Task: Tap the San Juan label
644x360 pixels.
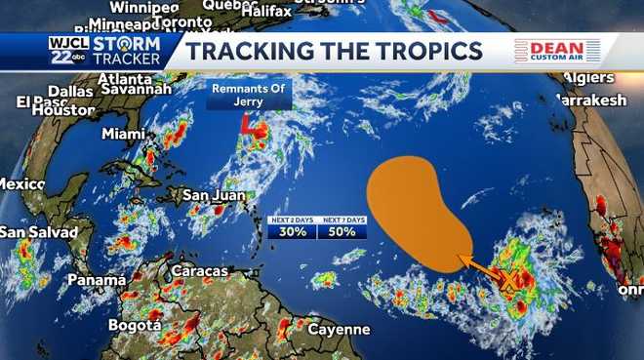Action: click(x=214, y=195)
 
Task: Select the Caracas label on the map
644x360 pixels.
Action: click(x=199, y=270)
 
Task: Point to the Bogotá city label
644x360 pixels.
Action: click(x=134, y=325)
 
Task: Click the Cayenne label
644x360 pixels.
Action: click(x=339, y=330)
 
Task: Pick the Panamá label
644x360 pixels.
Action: click(x=97, y=280)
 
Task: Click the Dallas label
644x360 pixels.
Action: click(x=70, y=92)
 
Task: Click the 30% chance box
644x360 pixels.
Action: click(x=291, y=232)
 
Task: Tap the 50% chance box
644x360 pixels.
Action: click(x=343, y=232)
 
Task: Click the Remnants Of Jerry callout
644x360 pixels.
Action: click(x=241, y=96)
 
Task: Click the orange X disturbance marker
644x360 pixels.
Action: click(x=507, y=282)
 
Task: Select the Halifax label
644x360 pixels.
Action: click(x=265, y=11)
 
